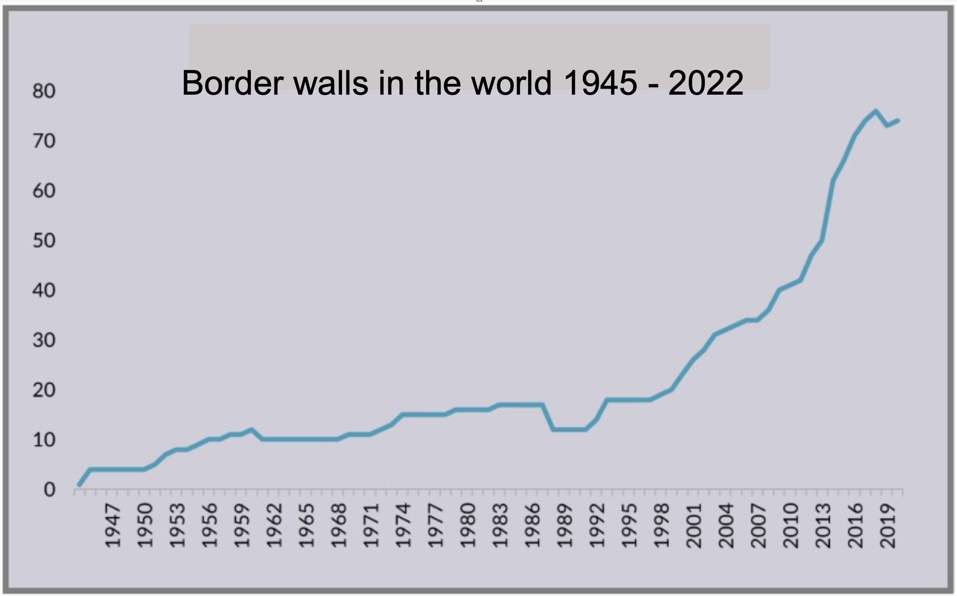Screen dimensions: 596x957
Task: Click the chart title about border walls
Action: [462, 83]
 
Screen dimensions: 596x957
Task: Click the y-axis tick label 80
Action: [44, 91]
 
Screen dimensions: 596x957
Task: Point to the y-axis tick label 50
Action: [44, 241]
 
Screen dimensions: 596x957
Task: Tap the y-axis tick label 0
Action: [49, 490]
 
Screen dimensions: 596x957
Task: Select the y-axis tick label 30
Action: [44, 340]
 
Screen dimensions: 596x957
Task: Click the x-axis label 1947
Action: [113, 526]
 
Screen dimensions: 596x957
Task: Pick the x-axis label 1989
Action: [564, 526]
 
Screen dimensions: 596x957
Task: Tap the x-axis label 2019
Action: [887, 526]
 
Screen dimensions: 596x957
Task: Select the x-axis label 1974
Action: [403, 526]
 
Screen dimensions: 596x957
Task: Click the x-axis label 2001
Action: [694, 526]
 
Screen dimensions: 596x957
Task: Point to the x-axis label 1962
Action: [274, 526]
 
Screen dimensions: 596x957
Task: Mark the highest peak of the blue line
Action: [875, 111]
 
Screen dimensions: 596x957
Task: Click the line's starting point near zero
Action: [79, 484]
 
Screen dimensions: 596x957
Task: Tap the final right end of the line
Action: [898, 120]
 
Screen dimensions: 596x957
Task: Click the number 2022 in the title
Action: [705, 83]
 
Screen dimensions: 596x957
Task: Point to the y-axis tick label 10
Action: [44, 440]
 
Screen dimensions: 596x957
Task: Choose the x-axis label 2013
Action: [823, 526]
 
